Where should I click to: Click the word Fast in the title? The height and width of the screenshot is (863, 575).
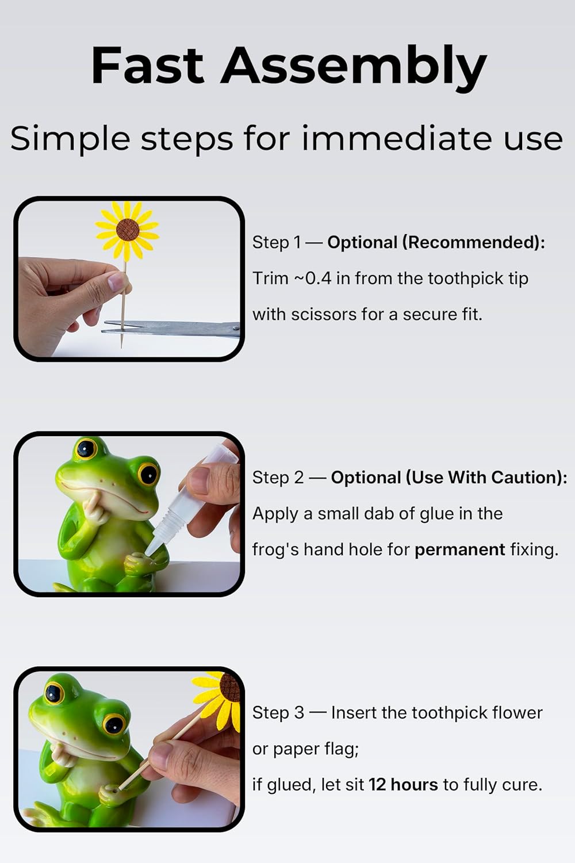click(147, 66)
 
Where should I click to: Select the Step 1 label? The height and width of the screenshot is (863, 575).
click(276, 242)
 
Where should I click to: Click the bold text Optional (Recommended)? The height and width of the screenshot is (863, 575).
click(436, 242)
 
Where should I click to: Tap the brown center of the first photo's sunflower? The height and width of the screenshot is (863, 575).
click(128, 230)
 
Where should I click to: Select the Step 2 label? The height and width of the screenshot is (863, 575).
click(278, 478)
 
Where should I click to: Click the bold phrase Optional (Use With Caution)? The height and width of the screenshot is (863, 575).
click(448, 478)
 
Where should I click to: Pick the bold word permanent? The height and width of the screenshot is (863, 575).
click(459, 549)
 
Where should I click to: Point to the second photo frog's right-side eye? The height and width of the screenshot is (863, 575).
click(148, 473)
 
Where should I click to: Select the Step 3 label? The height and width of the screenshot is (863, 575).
click(278, 713)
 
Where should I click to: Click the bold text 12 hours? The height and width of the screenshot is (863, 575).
click(403, 785)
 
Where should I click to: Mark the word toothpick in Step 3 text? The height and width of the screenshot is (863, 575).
click(416, 713)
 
